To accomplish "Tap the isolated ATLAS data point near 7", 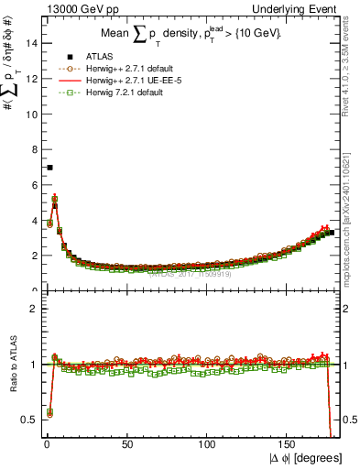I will tap(49, 168).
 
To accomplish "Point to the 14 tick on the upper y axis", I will tap(29, 43).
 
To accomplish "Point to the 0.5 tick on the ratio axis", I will tap(27, 420).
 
